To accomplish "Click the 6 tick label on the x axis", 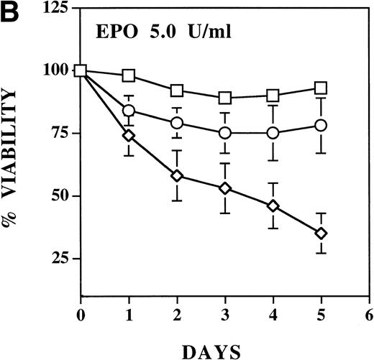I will coord(369,314).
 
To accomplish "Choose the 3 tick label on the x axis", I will coord(225,314).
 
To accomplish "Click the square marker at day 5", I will coord(321,88).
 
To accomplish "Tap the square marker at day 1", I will coord(129,75).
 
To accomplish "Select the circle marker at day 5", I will coord(321,125).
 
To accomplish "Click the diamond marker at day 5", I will coord(321,233).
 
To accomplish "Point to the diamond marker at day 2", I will coord(177,175).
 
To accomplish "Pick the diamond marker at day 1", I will coord(129,135).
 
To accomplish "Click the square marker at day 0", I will coord(81,70).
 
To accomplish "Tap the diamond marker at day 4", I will coord(273,206).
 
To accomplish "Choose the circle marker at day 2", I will coord(177,123).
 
